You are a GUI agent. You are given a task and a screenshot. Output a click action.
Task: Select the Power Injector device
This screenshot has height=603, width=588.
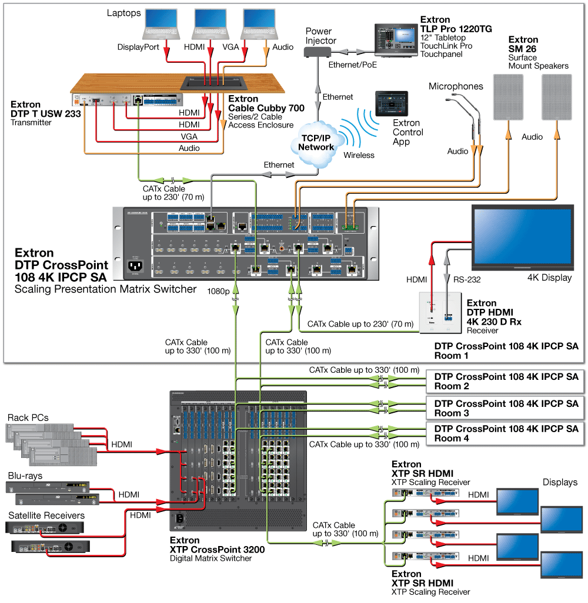click(318, 52)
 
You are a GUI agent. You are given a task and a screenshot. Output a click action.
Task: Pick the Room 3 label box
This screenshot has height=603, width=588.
click(506, 408)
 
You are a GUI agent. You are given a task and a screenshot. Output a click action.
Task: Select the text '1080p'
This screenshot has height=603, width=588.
click(219, 291)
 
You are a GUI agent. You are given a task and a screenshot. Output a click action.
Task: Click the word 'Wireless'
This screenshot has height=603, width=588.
click(359, 156)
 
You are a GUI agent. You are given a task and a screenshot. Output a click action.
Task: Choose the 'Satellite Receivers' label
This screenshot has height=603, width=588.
click(46, 516)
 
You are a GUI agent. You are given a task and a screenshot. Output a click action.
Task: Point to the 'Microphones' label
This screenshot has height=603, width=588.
click(456, 86)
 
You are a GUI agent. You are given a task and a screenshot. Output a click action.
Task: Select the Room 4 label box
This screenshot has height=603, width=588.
click(506, 434)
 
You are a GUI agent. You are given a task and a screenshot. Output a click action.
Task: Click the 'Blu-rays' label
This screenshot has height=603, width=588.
click(25, 476)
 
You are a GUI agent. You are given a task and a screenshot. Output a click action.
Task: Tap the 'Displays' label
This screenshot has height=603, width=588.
click(560, 482)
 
